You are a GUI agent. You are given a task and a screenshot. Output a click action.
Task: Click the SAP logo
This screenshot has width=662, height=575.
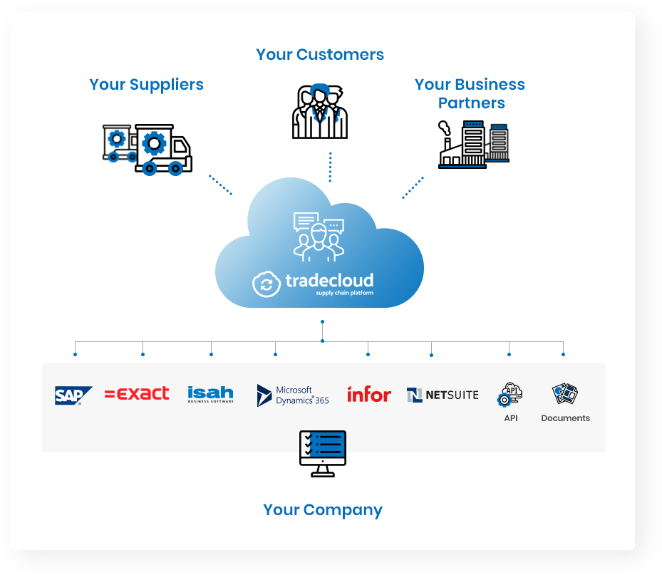(73, 395)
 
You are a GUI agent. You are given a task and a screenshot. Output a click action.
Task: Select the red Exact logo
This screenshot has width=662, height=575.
(137, 393)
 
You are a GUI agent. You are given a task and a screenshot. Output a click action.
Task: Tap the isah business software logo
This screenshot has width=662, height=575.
(210, 394)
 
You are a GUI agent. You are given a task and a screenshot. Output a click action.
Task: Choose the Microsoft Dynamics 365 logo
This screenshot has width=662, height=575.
(293, 395)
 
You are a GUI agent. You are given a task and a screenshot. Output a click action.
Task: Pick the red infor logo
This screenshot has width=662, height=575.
(369, 394)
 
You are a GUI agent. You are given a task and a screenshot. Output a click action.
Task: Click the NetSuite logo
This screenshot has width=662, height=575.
(443, 395)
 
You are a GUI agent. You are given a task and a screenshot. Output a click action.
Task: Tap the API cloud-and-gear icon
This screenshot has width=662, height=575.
(510, 394)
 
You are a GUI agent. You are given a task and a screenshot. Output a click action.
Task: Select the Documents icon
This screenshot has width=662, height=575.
(565, 393)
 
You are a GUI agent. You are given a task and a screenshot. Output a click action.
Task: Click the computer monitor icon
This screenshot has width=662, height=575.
(323, 453)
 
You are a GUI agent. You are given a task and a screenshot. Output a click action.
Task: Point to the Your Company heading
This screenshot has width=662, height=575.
(323, 510)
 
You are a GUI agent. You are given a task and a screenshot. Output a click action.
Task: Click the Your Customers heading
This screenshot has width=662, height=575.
(320, 54)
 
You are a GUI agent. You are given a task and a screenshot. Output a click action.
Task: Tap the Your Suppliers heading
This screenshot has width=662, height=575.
(146, 85)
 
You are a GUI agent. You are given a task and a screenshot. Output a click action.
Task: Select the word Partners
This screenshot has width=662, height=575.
(471, 103)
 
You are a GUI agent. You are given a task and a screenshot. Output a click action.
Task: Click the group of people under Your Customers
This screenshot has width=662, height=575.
(320, 111)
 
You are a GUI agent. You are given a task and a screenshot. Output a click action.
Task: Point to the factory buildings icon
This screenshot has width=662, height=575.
(474, 145)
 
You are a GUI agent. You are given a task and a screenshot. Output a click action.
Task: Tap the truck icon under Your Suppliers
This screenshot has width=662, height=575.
(148, 150)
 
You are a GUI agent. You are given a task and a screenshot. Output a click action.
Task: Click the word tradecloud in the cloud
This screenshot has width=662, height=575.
(329, 280)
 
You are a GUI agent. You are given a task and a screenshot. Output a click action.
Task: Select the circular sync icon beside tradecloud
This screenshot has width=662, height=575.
(267, 284)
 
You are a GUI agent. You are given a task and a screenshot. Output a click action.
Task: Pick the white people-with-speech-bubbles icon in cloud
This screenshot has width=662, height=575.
(319, 237)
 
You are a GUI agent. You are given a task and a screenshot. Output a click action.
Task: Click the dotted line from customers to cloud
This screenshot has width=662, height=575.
(330, 167)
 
